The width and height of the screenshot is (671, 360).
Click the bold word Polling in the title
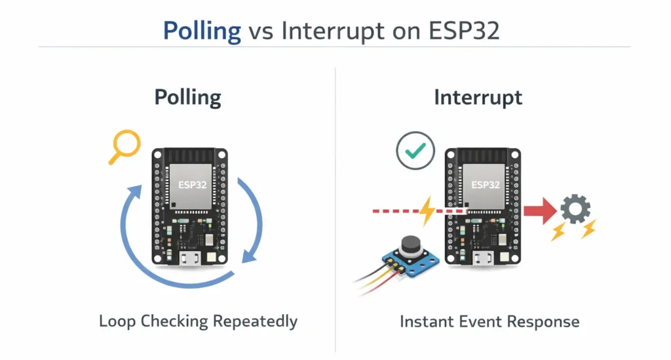202,31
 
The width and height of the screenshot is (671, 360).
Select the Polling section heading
188,98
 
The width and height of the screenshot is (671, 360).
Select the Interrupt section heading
478,98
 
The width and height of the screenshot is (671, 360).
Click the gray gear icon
575,210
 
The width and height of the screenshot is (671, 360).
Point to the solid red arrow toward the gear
538,211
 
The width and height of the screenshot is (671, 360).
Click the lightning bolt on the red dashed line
427,211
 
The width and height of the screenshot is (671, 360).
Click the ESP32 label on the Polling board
193,185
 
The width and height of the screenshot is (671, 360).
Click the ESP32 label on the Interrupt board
486,185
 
